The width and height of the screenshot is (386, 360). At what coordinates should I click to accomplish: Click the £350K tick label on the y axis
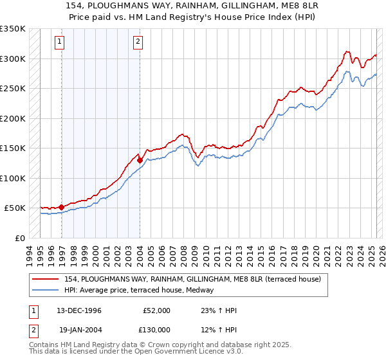coord(13,29)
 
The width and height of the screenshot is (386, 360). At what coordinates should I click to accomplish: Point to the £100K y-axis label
coord(13,178)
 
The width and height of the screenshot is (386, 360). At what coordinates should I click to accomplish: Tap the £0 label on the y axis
coord(19,238)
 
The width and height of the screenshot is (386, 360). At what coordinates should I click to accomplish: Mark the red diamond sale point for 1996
coord(62,207)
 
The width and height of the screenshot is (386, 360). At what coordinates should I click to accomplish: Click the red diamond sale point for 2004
coord(140,160)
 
